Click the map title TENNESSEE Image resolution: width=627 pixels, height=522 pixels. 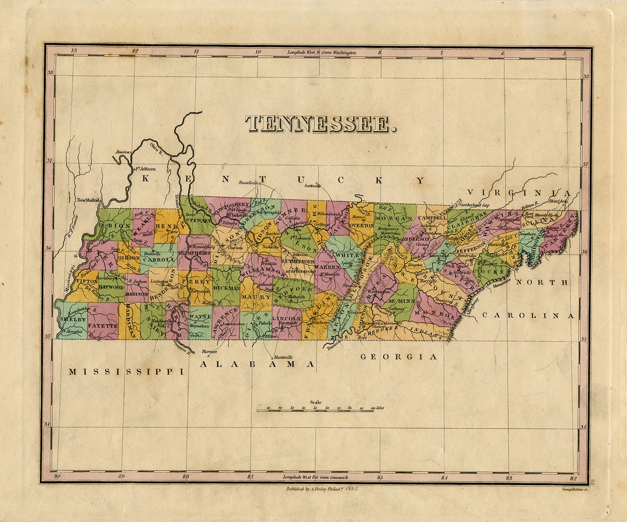tap(320, 124)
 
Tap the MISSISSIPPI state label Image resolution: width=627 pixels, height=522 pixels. tap(126, 371)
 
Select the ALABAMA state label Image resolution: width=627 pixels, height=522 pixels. tap(258, 364)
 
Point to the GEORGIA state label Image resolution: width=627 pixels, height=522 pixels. tap(398, 357)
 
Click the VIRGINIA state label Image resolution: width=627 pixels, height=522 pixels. tap(520, 193)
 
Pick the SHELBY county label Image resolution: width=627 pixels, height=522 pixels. tap(71, 320)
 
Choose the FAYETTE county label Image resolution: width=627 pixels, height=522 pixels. tap(103, 326)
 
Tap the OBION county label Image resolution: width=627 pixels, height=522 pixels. tap(113, 225)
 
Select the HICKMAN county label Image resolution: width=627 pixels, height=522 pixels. tap(226, 287)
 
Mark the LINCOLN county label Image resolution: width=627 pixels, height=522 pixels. tap(287, 318)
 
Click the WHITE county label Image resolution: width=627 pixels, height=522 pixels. tap(348, 255)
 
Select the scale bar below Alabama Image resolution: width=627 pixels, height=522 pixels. tap(320, 409)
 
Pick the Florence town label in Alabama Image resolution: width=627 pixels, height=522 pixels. tap(209, 351)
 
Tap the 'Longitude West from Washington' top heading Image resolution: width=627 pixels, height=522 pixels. tap(322, 53)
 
